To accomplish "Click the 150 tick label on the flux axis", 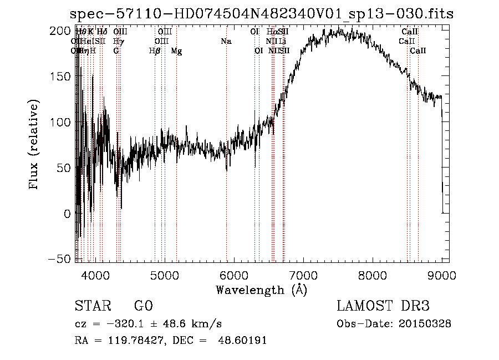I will pyautogui.click(x=60, y=77).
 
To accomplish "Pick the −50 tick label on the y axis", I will pyautogui.click(x=58, y=259).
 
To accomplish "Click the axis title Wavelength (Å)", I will pyautogui.click(x=261, y=290).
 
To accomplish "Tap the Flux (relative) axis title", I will pyautogui.click(x=34, y=145).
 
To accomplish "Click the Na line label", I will pyautogui.click(x=226, y=42).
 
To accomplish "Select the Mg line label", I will pyautogui.click(x=176, y=51).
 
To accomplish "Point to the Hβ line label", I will pyautogui.click(x=155, y=51).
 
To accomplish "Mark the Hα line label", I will pyautogui.click(x=271, y=32).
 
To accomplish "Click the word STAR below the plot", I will pyautogui.click(x=92, y=306).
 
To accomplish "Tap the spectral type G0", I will pyautogui.click(x=143, y=306).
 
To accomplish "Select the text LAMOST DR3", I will pyautogui.click(x=383, y=306).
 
